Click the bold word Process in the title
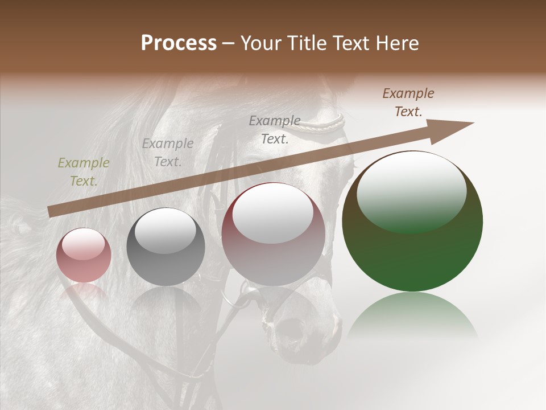(x=179, y=43)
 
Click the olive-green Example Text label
(x=84, y=172)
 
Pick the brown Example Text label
(x=408, y=102)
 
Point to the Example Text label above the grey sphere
(x=168, y=153)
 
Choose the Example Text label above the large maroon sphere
(x=275, y=129)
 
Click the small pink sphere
(x=84, y=256)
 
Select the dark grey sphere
(x=166, y=247)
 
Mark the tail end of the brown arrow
(x=51, y=211)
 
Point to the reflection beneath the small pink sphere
(x=84, y=292)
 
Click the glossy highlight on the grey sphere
(x=165, y=230)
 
